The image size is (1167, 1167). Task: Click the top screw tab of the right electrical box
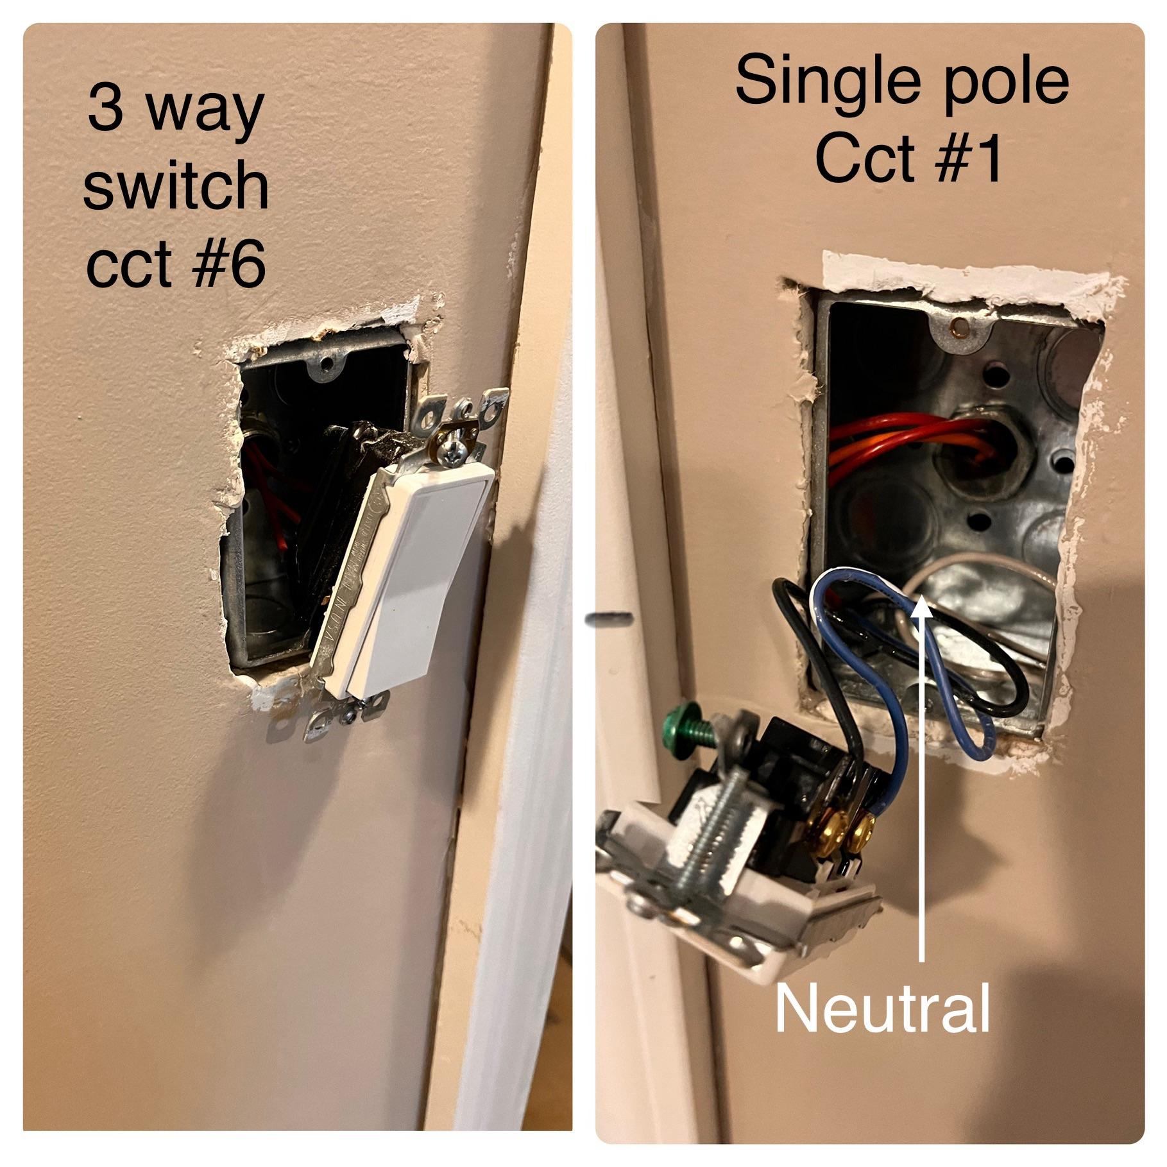pyautogui.click(x=957, y=330)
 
